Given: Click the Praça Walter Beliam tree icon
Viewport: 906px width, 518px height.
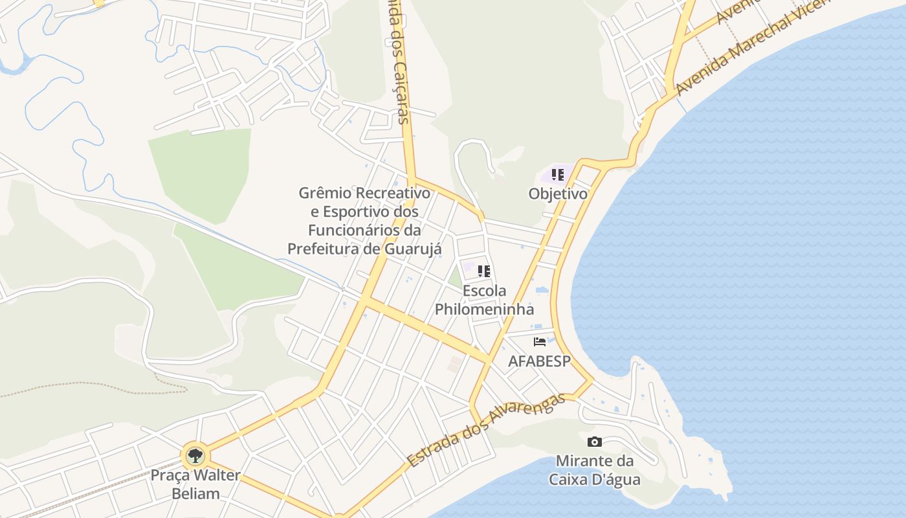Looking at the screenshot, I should click(x=195, y=455).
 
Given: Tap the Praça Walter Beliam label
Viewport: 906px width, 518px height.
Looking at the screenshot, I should click(x=195, y=484).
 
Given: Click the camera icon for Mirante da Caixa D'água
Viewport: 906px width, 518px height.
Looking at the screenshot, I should click(x=594, y=442).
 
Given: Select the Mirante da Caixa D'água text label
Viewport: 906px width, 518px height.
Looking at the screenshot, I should click(x=594, y=471).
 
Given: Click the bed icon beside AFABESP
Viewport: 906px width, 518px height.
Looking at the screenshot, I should click(x=540, y=342).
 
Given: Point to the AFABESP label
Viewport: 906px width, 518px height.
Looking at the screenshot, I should click(x=540, y=361).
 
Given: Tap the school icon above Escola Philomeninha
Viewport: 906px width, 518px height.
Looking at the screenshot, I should click(x=484, y=271).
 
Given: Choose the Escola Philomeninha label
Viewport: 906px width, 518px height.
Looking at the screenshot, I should click(x=484, y=300).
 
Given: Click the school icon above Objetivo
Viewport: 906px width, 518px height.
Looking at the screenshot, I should click(x=558, y=175).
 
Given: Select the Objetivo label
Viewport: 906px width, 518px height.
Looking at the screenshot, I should click(x=558, y=194).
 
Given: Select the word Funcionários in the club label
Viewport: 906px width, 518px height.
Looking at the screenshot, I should click(x=355, y=231).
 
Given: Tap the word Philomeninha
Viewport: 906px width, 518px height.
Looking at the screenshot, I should click(x=484, y=310).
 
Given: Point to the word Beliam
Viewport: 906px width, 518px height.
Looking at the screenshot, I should click(x=195, y=493).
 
